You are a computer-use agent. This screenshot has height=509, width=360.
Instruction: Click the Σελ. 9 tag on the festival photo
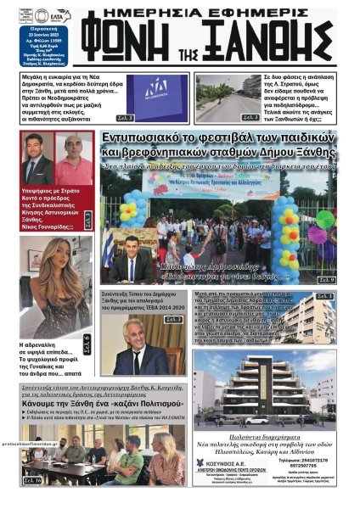point(327,278)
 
